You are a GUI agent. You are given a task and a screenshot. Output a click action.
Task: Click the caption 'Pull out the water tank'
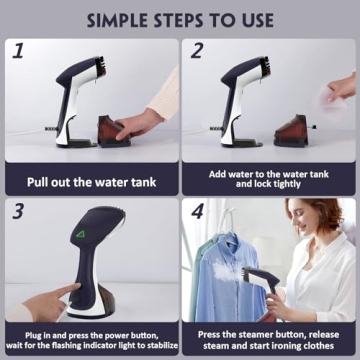point(90,181)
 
